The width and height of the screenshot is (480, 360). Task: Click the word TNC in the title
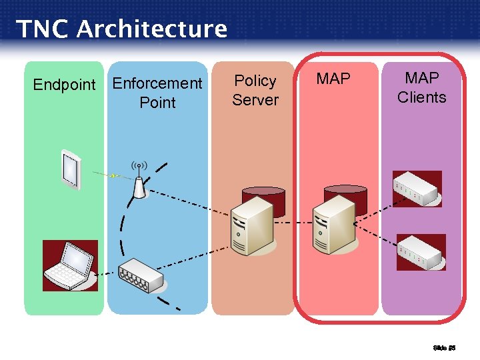(41, 29)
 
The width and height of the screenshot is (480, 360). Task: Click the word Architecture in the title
(151, 29)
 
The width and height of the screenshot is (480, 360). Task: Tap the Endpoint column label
(65, 85)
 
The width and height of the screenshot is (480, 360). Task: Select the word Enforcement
(157, 83)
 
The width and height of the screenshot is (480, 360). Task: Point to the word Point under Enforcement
(157, 103)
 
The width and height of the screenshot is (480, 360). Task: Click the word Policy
(255, 81)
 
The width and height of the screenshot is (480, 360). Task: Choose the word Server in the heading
(255, 100)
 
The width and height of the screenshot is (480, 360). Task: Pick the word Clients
(421, 97)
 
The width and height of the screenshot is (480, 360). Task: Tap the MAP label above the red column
(333, 79)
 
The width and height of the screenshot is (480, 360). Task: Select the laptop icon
(69, 265)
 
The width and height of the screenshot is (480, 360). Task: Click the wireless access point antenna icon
(139, 182)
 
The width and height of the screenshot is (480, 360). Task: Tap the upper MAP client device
(417, 189)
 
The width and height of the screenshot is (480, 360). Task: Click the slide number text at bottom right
(443, 347)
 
